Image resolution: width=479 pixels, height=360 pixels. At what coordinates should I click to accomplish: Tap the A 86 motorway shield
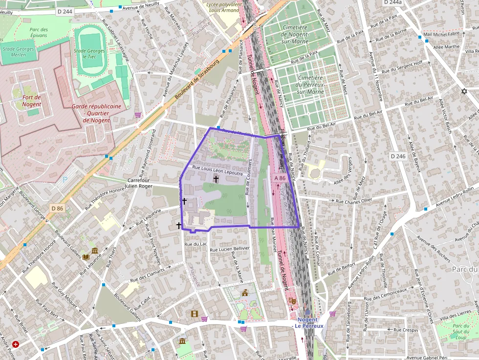point(279,178)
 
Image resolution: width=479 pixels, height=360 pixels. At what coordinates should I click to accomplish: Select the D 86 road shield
point(57,209)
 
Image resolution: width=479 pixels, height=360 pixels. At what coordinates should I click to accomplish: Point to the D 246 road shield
point(398,156)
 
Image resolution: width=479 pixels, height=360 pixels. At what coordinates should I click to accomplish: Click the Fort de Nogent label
point(32,101)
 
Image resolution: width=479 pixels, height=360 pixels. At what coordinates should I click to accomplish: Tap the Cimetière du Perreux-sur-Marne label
point(310,85)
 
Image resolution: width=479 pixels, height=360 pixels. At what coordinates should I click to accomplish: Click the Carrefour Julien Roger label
point(138,183)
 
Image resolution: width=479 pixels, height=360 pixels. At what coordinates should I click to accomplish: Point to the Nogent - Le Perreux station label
point(307,323)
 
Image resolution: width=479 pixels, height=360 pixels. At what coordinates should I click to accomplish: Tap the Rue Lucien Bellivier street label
point(229,249)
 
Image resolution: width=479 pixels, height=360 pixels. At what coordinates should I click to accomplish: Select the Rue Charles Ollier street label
point(353,201)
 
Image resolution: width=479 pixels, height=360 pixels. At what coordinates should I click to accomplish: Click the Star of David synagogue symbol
point(464,91)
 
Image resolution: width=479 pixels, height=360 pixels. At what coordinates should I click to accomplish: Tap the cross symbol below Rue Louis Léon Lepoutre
point(216,179)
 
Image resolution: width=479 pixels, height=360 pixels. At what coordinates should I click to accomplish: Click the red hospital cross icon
point(16,344)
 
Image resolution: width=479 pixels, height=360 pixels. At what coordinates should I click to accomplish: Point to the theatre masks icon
point(292,301)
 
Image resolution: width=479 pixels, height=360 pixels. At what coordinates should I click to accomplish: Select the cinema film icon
point(195,314)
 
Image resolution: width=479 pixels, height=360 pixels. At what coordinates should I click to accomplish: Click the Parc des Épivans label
point(39,33)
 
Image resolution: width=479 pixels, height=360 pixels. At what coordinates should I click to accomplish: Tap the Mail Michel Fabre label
point(442,34)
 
